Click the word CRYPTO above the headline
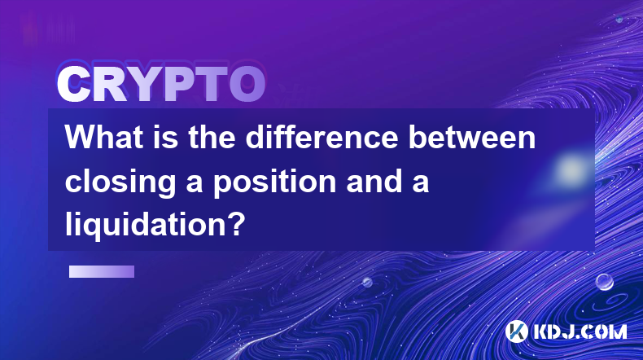[161, 84]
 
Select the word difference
[322, 137]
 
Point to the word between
[472, 137]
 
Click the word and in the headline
[374, 181]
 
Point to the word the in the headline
[212, 137]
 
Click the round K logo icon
[516, 331]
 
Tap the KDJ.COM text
[580, 331]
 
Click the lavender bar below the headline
[102, 271]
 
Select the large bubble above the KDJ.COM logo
[605, 283]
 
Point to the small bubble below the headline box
[367, 282]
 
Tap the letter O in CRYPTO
[247, 84]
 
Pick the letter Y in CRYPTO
[144, 84]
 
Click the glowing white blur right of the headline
[570, 169]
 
